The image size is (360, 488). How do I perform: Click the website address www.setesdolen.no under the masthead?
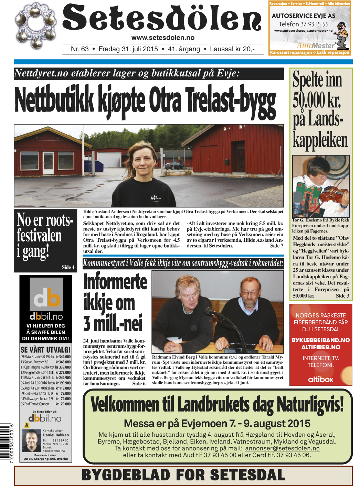163,38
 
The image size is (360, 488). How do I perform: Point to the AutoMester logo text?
316,45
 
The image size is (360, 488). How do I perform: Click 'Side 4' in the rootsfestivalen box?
68,267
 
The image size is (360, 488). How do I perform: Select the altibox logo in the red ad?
320,380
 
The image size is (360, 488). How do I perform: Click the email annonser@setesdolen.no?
282,448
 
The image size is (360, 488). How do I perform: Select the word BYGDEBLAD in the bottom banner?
126,475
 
